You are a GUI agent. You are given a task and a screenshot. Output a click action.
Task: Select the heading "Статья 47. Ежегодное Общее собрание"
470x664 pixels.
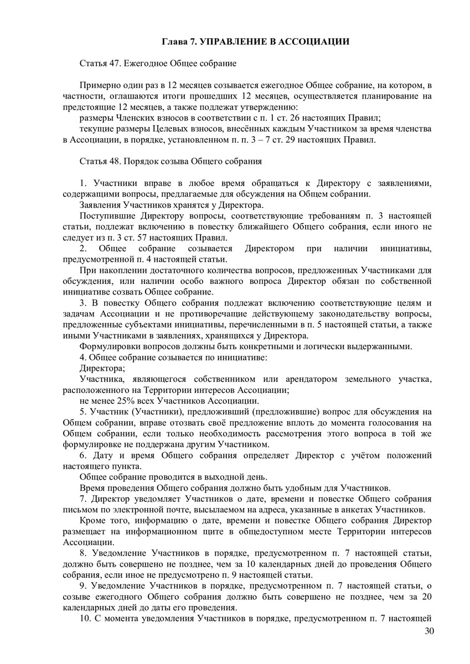158,63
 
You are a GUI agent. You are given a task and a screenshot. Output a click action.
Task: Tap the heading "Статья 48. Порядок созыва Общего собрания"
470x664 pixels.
171,162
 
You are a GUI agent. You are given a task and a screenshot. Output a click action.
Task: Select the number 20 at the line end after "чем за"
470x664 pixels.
426,596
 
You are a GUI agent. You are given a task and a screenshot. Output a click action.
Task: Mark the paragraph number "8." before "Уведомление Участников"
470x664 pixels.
84,553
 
